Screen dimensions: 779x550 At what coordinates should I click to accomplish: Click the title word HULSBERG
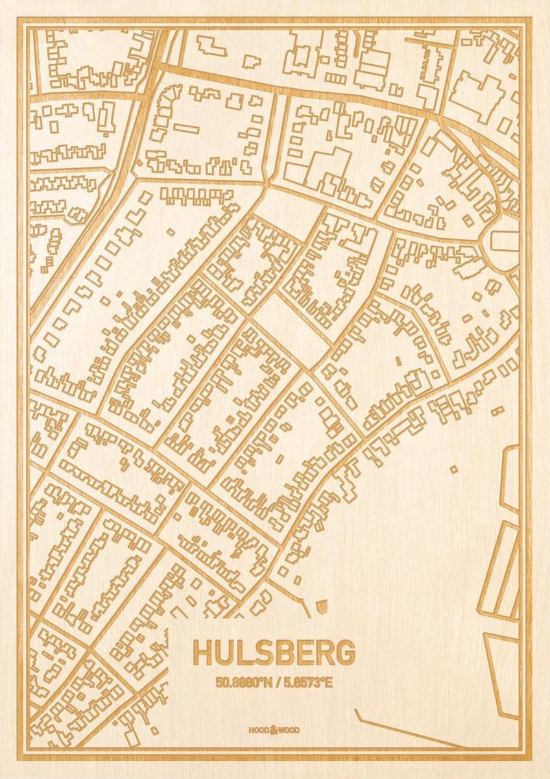274,653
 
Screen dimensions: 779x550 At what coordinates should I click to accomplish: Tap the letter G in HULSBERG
344,653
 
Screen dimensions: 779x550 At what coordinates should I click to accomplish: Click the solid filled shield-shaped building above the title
322,607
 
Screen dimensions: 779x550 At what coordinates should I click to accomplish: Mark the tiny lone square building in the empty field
453,469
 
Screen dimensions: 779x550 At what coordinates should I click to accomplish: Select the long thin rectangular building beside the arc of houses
186,128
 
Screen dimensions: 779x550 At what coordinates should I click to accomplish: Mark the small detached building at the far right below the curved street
497,410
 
